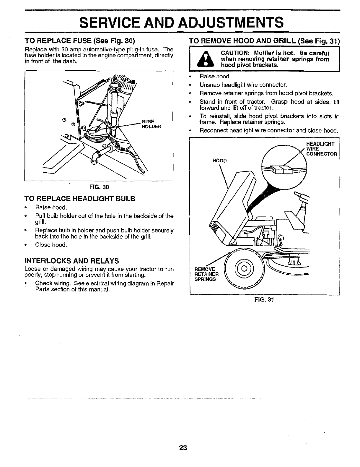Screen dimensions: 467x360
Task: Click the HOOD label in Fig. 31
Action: point(219,161)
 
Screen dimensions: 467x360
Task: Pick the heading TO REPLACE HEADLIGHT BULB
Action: point(80,199)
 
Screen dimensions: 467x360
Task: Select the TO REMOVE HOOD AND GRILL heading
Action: point(264,41)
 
